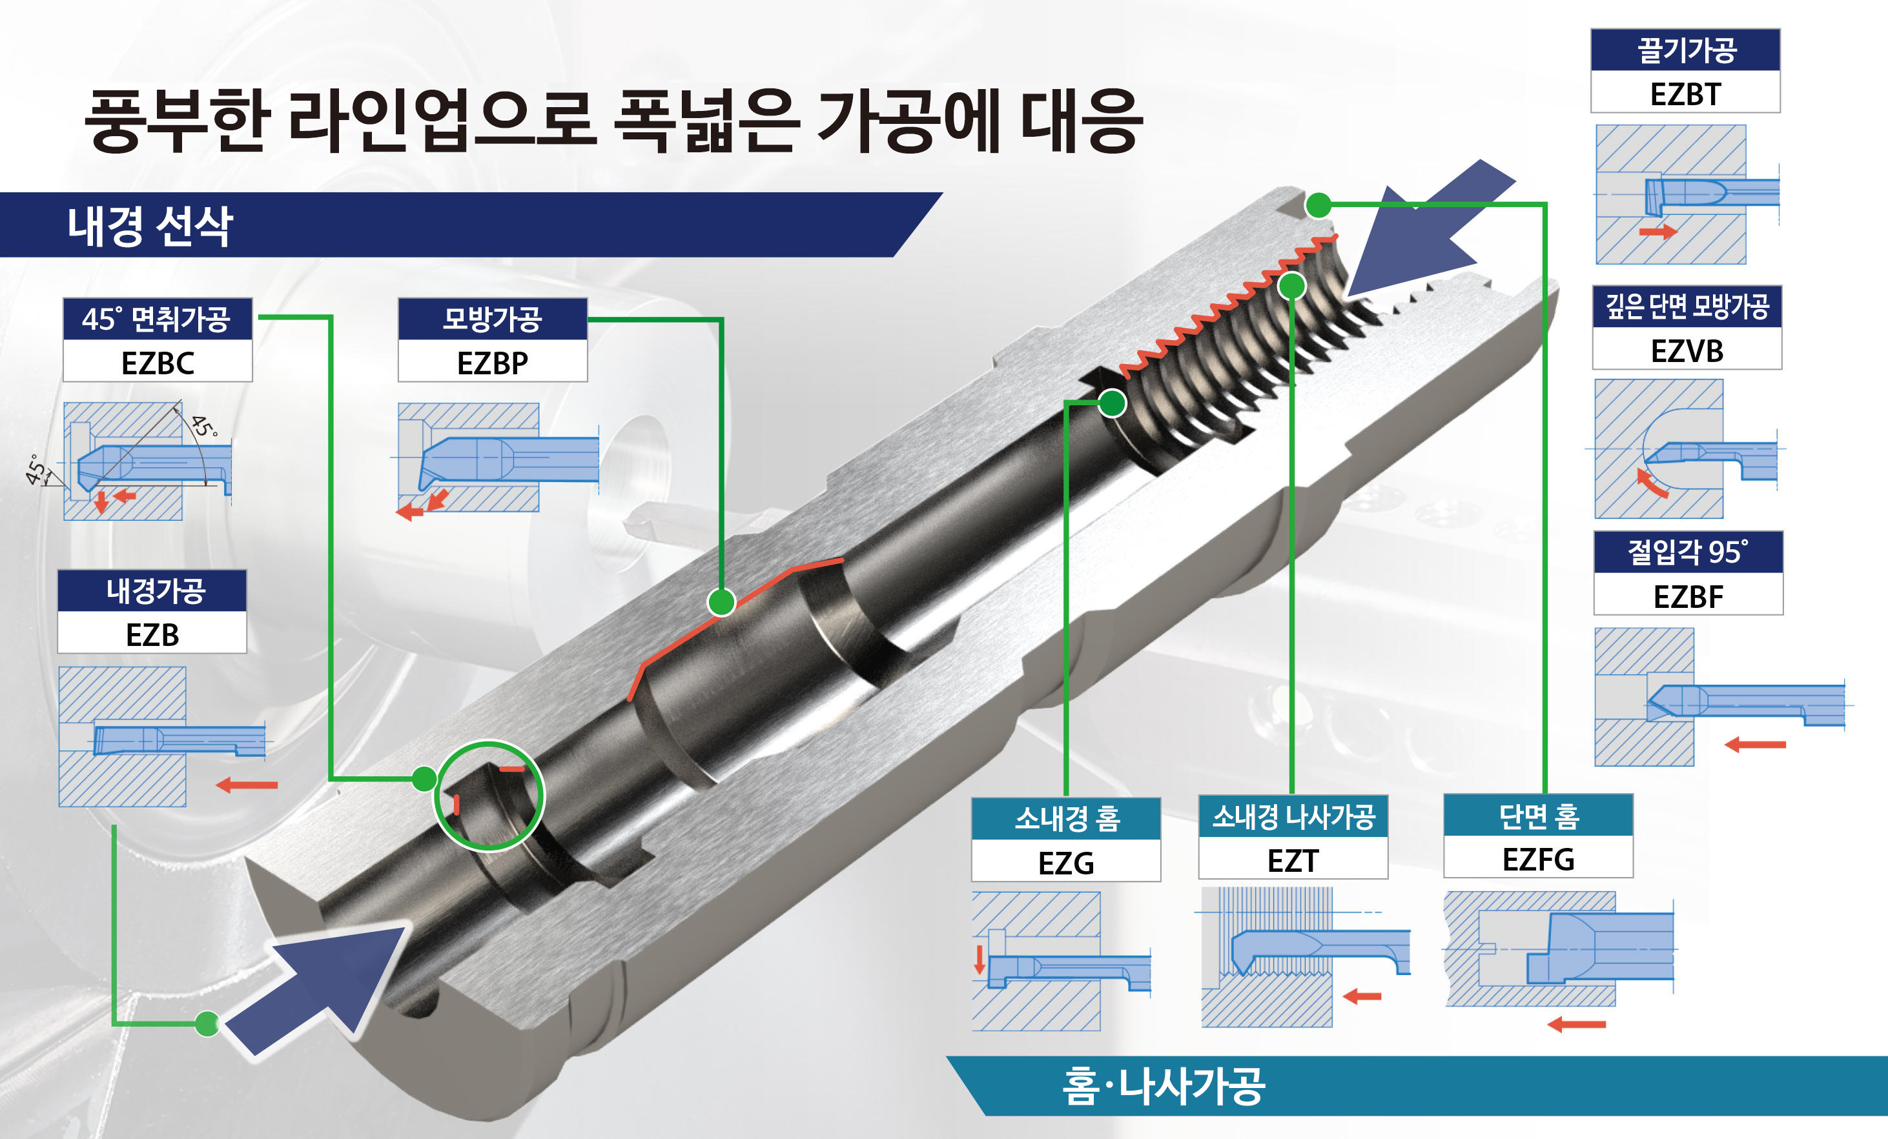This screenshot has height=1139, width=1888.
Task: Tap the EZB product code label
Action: tap(152, 635)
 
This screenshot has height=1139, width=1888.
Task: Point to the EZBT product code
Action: tap(1686, 94)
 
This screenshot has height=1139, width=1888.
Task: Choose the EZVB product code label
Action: tap(1687, 351)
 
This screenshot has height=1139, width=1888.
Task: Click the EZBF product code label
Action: tap(1688, 597)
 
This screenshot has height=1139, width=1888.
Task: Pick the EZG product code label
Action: tap(1066, 863)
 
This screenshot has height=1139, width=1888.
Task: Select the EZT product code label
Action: tap(1293, 861)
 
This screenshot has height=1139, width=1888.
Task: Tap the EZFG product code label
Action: tap(1539, 860)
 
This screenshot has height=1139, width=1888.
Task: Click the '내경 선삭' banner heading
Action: tap(150, 226)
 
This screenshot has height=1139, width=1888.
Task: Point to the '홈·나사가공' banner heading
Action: tap(1163, 1085)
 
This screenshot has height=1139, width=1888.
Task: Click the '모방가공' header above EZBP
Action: tap(493, 319)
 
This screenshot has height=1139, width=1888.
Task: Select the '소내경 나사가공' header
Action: tap(1293, 816)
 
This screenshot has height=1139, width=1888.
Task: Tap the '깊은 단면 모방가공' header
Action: tap(1687, 307)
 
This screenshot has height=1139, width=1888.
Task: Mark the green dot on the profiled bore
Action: tap(721, 602)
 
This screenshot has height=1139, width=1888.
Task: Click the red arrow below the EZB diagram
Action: tap(247, 784)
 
